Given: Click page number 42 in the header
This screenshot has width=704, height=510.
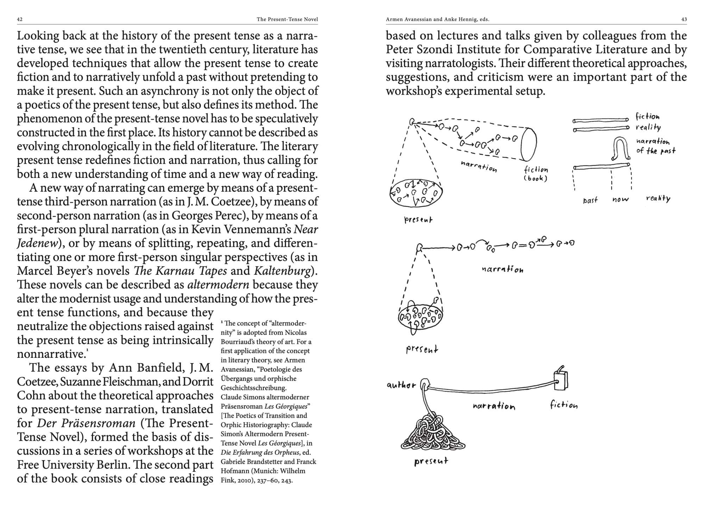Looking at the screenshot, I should pyautogui.click(x=20, y=19).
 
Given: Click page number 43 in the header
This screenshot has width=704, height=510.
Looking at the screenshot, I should pyautogui.click(x=684, y=19).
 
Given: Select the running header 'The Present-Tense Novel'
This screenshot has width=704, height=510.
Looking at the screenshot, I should pyautogui.click(x=287, y=19).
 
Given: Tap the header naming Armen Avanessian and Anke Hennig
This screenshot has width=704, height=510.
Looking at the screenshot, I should pyautogui.click(x=438, y=19).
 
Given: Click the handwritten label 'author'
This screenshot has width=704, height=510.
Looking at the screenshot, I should pyautogui.click(x=401, y=385).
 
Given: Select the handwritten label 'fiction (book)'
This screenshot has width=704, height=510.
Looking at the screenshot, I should pyautogui.click(x=536, y=174).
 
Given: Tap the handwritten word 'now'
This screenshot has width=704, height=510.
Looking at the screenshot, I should pyautogui.click(x=620, y=199).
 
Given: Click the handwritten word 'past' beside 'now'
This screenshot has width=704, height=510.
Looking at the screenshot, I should pyautogui.click(x=590, y=200).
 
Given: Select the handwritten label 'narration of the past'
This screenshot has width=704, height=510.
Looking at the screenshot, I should pyautogui.click(x=655, y=146).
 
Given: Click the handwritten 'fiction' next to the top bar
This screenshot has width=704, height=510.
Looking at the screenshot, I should pyautogui.click(x=647, y=116).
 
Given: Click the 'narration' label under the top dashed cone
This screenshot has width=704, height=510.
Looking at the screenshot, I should pyautogui.click(x=479, y=166).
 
